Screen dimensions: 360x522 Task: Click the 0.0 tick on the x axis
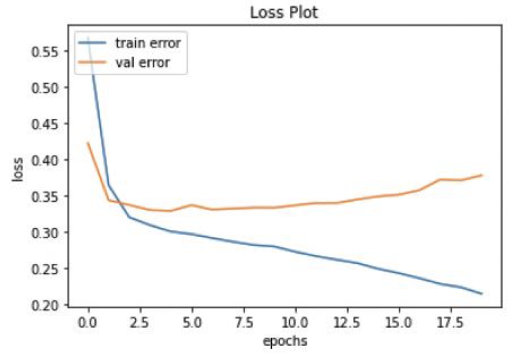(x=88, y=321)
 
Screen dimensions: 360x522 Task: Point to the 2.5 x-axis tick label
(x=140, y=321)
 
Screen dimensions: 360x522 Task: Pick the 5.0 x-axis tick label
(x=191, y=321)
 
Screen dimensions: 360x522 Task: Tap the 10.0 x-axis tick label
(x=295, y=321)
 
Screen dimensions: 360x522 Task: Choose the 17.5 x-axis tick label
(x=450, y=321)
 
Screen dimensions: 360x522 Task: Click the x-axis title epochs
(x=285, y=340)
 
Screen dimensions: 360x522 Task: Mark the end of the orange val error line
(x=482, y=175)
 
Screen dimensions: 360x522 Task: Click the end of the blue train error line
(x=482, y=294)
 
